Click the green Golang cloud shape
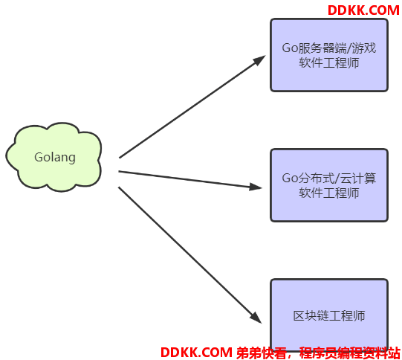click(54, 157)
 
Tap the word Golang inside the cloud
click(55, 157)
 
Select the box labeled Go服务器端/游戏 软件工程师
click(329, 55)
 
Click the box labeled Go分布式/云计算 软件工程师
click(329, 185)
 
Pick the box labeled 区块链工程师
click(329, 315)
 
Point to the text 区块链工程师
click(329, 315)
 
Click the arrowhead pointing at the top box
click(259, 60)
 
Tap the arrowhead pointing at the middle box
click(256, 187)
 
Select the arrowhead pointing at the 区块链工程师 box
click(256, 318)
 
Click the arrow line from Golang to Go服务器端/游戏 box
click(192, 107)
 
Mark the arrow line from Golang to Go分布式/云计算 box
click(190, 179)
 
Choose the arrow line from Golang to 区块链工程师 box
click(190, 255)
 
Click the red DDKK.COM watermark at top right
click(363, 10)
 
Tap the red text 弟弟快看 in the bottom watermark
click(261, 353)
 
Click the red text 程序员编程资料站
click(350, 353)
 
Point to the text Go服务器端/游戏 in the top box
click(329, 48)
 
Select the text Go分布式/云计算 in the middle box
click(329, 178)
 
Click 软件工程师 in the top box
click(329, 63)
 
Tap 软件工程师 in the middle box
click(329, 193)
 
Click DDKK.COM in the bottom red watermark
click(196, 353)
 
